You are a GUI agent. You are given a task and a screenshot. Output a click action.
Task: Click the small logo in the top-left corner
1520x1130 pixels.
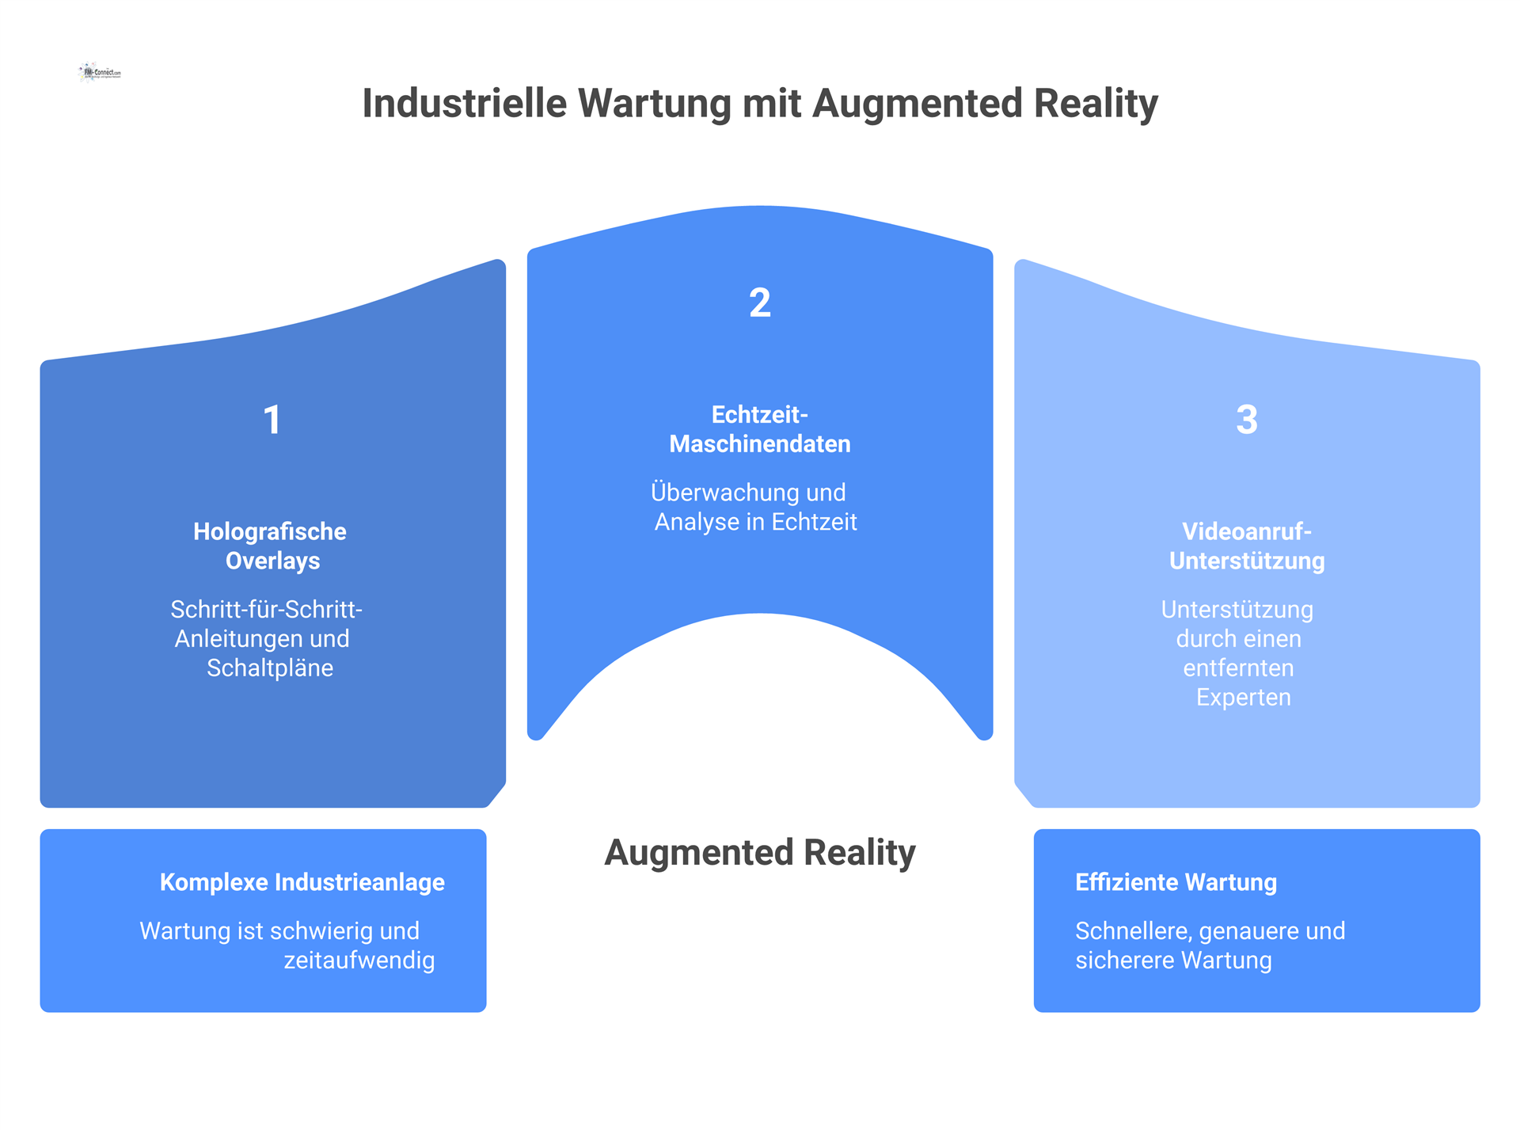pyautogui.click(x=101, y=72)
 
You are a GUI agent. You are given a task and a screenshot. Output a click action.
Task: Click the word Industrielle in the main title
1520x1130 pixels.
pyautogui.click(x=465, y=104)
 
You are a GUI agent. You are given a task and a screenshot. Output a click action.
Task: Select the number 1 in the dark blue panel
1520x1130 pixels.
pyautogui.click(x=272, y=420)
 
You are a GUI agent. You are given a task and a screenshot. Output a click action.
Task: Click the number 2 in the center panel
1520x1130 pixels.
pyautogui.click(x=760, y=303)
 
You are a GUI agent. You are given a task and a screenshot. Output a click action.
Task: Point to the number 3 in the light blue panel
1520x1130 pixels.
pyautogui.click(x=1247, y=420)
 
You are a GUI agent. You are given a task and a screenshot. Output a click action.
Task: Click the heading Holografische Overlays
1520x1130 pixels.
pyautogui.click(x=270, y=546)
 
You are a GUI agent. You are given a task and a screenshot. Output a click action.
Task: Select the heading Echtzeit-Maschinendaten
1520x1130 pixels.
pyautogui.click(x=760, y=429)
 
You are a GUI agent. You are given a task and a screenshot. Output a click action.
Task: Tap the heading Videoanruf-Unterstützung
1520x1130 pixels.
pyautogui.click(x=1247, y=546)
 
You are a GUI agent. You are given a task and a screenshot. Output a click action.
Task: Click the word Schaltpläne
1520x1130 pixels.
pyautogui.click(x=270, y=668)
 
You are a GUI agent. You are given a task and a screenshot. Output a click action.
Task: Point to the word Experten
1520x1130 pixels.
pyautogui.click(x=1243, y=698)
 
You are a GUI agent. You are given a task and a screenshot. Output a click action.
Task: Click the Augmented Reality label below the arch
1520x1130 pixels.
pyautogui.click(x=760, y=853)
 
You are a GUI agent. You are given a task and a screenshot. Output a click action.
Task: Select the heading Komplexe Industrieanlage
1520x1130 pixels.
pyautogui.click(x=302, y=882)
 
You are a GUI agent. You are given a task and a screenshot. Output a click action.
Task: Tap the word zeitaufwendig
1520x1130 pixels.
pyautogui.click(x=359, y=961)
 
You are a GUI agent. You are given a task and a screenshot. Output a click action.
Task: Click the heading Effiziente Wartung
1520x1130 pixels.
pyautogui.click(x=1176, y=882)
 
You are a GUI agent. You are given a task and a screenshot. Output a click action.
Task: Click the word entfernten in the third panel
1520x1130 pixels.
pyautogui.click(x=1238, y=668)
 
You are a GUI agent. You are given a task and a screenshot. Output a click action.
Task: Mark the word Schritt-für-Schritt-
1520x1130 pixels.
pyautogui.click(x=267, y=610)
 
